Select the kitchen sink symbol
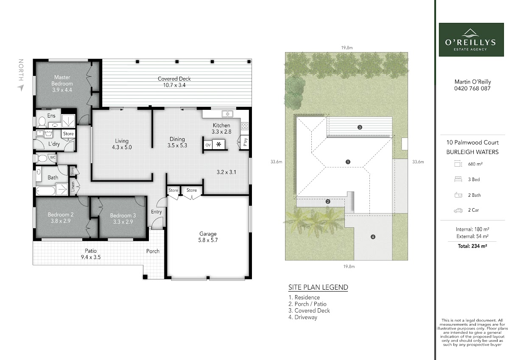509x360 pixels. (227, 114)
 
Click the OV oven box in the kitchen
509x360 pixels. (208, 145)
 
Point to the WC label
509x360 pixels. (53, 157)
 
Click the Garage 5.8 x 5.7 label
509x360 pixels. (208, 237)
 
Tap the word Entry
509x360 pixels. (157, 212)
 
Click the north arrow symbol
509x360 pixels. (21, 88)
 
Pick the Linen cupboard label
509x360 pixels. (73, 186)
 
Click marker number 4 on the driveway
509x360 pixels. (373, 237)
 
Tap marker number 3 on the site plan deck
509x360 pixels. (360, 127)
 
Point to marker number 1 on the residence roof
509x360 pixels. (348, 162)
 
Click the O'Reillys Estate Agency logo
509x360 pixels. (471, 39)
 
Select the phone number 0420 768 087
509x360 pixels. (473, 88)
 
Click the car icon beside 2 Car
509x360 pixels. (458, 210)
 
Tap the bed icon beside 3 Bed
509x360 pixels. (458, 179)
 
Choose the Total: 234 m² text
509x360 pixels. (473, 246)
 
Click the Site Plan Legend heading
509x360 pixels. (318, 287)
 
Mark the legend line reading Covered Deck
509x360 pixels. (309, 310)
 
